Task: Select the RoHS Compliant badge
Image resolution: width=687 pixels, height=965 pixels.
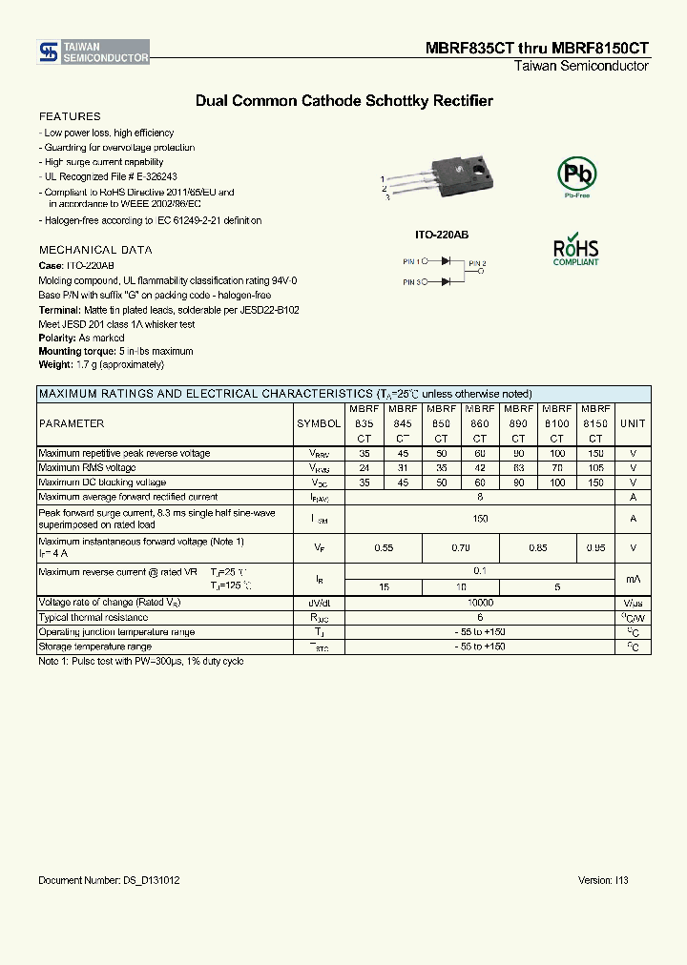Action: [x=576, y=249]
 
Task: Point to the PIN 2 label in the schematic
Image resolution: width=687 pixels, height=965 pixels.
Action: [x=477, y=263]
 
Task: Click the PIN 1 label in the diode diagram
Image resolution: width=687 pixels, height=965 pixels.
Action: [x=411, y=260]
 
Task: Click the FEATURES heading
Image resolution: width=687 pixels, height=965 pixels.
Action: [x=70, y=116]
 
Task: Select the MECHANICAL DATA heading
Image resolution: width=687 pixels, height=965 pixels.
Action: [x=95, y=250]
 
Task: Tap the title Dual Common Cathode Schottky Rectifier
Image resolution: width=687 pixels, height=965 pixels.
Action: [x=343, y=100]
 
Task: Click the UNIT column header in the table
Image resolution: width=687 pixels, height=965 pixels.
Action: [x=633, y=423]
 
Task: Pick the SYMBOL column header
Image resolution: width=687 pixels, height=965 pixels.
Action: [x=319, y=423]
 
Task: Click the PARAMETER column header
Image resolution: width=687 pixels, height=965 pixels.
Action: [x=72, y=423]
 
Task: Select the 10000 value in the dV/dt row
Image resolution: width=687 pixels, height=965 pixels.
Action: [x=480, y=604]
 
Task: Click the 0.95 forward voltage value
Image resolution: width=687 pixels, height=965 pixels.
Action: [x=595, y=548]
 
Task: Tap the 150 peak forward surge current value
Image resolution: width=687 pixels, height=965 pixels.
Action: [x=480, y=519]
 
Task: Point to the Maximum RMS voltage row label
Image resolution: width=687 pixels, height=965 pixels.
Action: [x=87, y=468]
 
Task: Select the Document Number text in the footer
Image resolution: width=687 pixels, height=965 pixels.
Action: [x=110, y=880]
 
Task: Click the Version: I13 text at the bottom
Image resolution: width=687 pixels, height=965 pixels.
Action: [x=603, y=880]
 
